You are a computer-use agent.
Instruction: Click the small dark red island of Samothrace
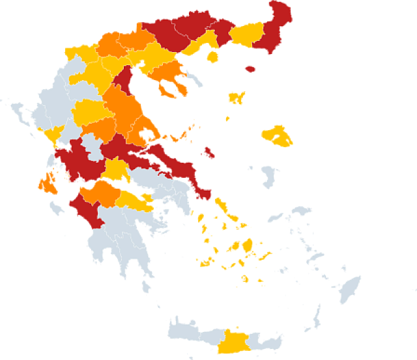249,68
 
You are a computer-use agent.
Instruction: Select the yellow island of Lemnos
236,98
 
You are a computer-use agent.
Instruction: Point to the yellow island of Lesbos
276,135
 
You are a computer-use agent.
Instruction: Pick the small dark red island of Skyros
209,153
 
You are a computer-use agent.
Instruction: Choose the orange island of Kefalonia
47,184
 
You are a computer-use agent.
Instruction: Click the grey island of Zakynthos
56,208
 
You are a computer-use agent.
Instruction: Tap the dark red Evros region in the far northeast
274,29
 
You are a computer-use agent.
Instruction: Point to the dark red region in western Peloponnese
85,208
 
